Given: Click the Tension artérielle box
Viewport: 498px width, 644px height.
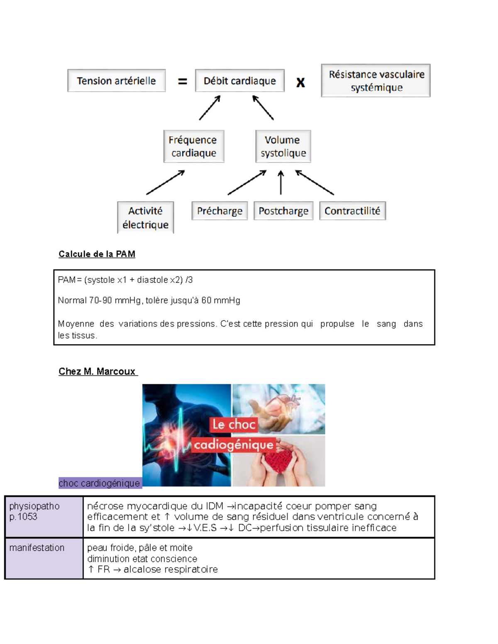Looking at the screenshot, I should tap(116, 80).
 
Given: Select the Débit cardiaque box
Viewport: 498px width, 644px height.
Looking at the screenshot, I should tap(239, 80).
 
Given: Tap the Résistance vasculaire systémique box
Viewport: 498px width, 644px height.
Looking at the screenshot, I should tap(376, 80).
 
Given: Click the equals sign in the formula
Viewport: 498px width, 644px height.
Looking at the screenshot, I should tap(182, 82).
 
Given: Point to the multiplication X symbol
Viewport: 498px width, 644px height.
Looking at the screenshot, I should tap(300, 82).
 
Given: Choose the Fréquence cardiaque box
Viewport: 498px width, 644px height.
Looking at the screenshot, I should tap(193, 146).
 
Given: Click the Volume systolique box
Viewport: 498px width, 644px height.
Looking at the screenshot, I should tap(283, 146).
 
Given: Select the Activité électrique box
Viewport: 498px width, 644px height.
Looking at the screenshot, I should tap(145, 217).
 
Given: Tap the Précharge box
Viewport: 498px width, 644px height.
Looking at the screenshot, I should tap(220, 211).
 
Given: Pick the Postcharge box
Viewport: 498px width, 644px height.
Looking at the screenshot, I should tap(283, 211).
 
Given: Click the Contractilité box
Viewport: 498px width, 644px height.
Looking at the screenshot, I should tap(352, 211).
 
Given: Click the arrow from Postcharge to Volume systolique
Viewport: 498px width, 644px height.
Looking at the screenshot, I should tap(281, 182).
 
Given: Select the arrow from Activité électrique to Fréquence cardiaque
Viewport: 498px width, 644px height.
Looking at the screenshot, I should tap(165, 182).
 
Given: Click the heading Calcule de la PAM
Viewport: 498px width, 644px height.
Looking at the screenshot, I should tap(97, 254).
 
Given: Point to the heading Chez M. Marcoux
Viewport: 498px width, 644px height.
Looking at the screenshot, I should tap(97, 371).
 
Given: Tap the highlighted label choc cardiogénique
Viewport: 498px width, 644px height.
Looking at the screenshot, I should tap(100, 483).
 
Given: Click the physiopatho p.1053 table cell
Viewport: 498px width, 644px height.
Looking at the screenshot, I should tap(44, 516).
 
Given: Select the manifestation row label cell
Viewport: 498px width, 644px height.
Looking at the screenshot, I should tap(44, 558).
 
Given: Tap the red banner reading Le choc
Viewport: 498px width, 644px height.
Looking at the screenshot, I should tap(234, 424).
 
